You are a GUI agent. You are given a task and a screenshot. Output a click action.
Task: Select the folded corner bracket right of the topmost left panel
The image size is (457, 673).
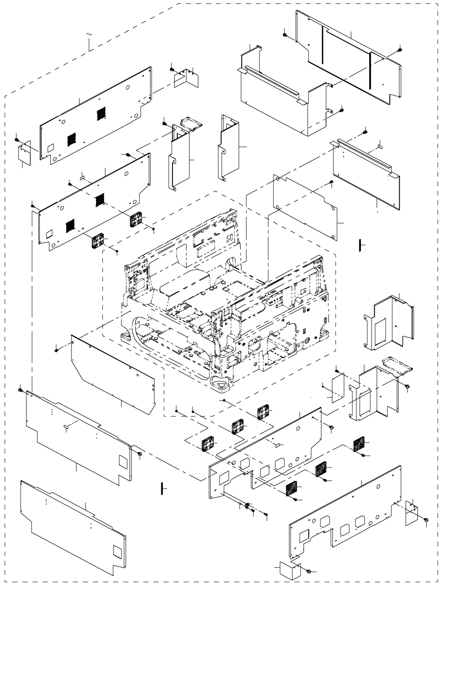coord(187,78)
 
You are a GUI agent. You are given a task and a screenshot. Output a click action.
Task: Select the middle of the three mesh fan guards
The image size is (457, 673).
coord(322,470)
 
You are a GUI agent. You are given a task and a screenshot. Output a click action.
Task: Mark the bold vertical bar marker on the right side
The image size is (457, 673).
coord(359,246)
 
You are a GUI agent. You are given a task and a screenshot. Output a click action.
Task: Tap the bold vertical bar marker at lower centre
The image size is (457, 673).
coord(162,488)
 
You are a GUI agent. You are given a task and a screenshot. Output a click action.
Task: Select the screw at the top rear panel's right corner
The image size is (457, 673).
coord(399,49)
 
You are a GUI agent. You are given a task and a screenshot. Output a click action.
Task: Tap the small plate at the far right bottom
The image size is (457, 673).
coord(411,513)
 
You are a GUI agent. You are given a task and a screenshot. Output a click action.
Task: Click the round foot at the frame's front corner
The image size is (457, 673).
coord(221,383)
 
